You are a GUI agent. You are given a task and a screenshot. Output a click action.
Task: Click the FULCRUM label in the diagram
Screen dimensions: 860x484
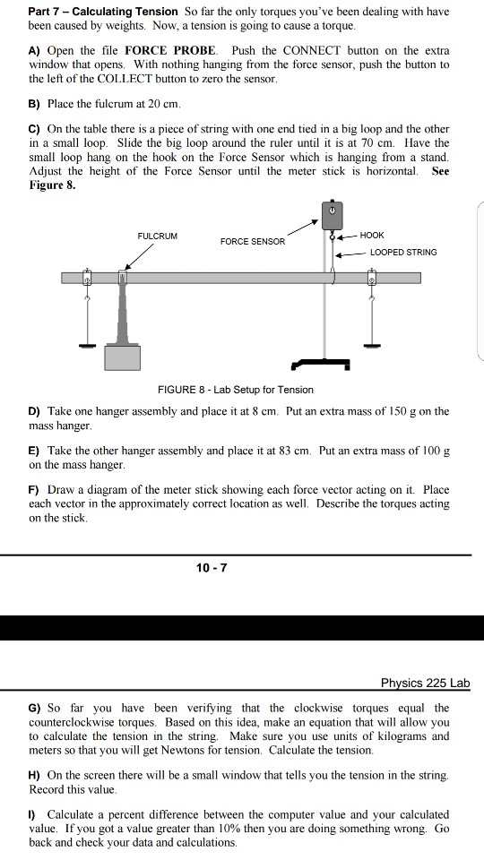pyautogui.click(x=157, y=236)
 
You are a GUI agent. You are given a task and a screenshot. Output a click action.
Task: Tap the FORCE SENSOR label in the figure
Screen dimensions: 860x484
pyautogui.click(x=253, y=241)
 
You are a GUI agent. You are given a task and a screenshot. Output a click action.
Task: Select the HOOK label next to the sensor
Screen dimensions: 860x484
pyautogui.click(x=372, y=235)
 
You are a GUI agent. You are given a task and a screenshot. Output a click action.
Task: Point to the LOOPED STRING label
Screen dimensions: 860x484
pyautogui.click(x=403, y=252)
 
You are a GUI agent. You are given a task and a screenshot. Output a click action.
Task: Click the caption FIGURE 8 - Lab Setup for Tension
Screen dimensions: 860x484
pyautogui.click(x=236, y=390)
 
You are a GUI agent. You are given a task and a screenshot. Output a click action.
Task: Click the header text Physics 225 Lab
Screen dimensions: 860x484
pyautogui.click(x=425, y=683)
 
